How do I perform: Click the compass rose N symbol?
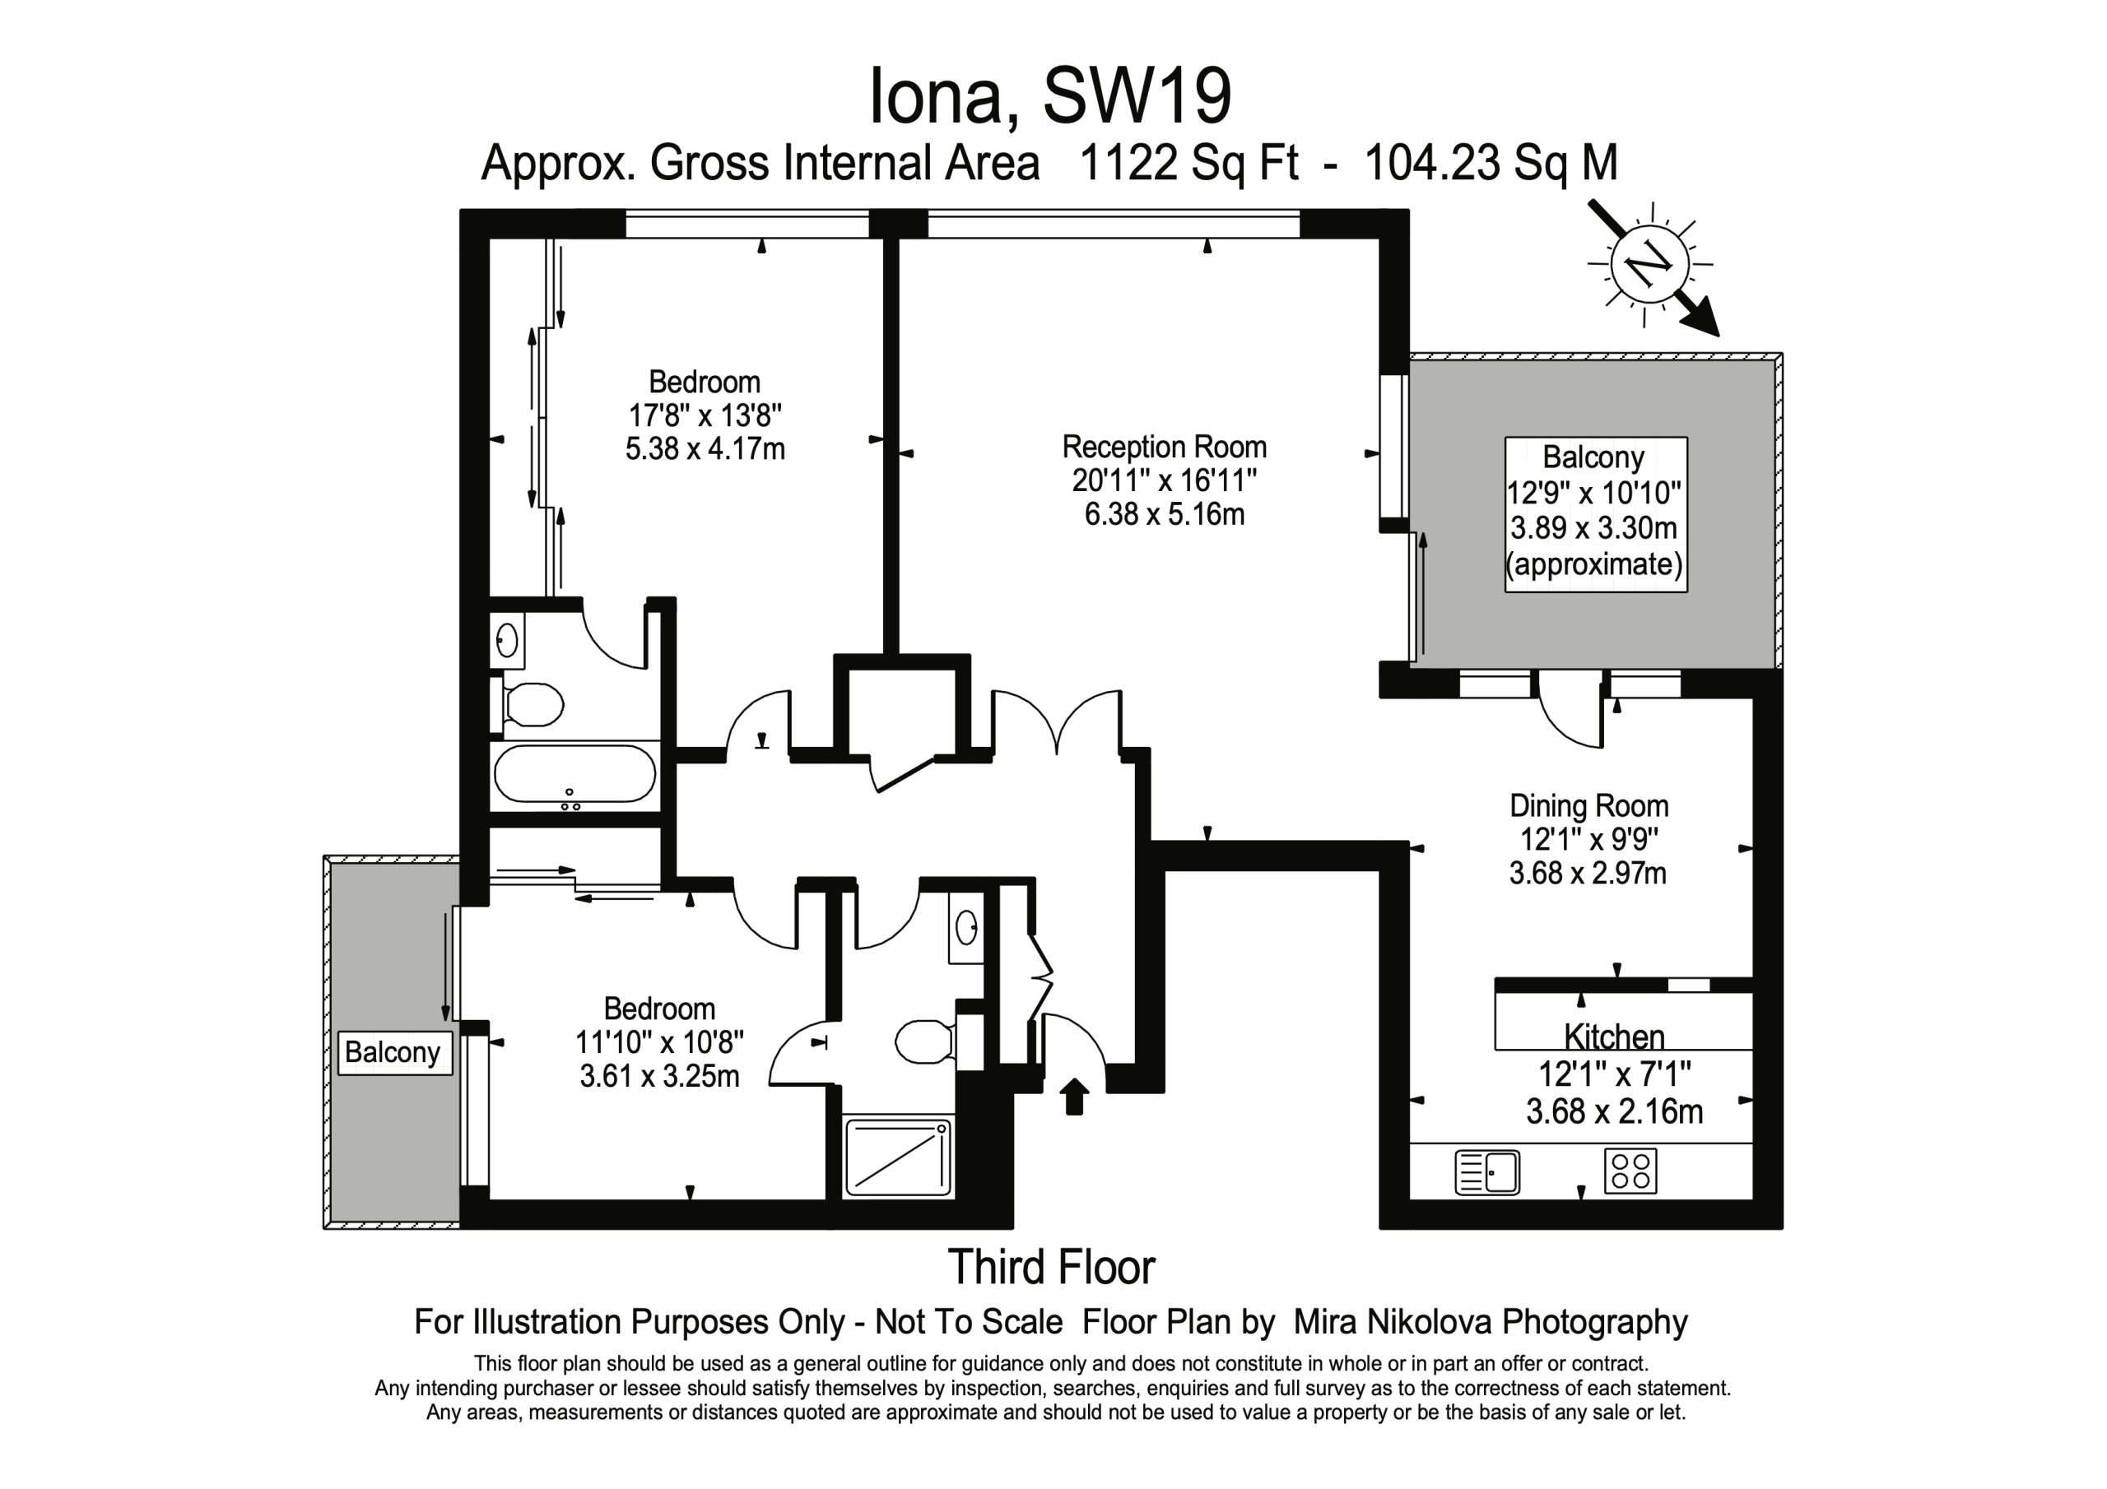(1651, 265)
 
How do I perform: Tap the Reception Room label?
(1165, 447)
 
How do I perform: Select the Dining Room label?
(1588, 805)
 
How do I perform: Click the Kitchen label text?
(1614, 1037)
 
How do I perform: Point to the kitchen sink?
(1487, 1172)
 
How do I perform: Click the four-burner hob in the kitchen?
(1630, 1171)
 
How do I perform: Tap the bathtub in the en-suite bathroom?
(574, 775)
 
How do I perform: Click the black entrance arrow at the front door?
(1074, 1097)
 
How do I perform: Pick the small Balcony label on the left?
(393, 1051)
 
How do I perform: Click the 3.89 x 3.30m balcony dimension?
(1594, 527)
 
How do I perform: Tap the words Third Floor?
(1052, 1267)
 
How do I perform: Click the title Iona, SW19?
(1050, 95)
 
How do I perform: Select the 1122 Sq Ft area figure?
(1189, 164)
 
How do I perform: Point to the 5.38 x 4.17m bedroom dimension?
(705, 448)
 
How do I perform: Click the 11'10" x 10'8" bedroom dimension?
(659, 1042)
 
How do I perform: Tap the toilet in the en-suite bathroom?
(533, 704)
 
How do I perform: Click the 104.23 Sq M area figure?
(1491, 164)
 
